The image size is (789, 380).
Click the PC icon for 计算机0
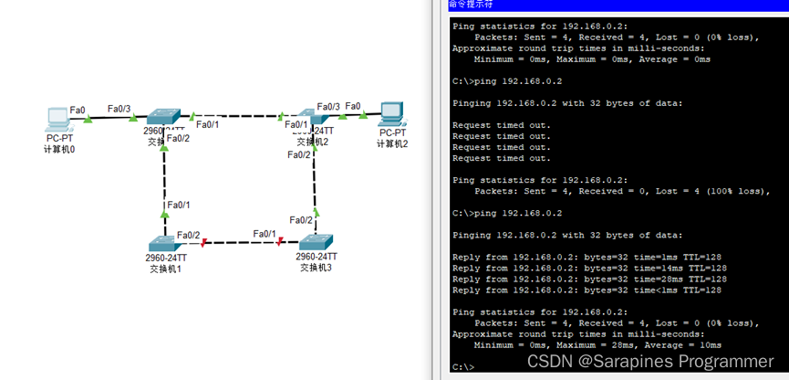coord(57,119)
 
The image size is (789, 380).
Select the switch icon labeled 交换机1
coord(165,243)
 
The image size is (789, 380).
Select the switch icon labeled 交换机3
coord(317,242)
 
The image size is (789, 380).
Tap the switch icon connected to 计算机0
coord(165,115)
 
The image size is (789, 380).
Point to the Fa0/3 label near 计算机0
coord(119,109)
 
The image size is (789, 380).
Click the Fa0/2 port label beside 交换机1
coord(189,235)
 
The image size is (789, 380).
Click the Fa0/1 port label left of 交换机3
coord(265,234)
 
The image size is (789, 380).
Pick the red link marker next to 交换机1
coord(204,243)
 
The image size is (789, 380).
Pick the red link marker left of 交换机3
coord(281,242)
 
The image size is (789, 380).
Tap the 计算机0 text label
coord(59,149)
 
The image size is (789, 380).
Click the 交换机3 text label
coord(317,268)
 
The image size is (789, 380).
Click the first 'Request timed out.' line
coord(502,125)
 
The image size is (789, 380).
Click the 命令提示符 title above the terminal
coord(469,5)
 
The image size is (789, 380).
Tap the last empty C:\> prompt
coord(464,367)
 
